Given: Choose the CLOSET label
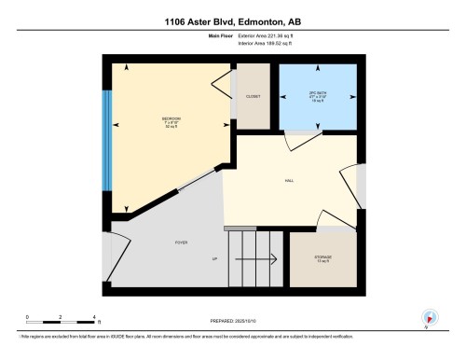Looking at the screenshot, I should (253, 97).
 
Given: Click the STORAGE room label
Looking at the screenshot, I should (322, 257).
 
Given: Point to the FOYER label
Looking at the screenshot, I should (181, 242).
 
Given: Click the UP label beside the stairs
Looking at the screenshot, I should (216, 258).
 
